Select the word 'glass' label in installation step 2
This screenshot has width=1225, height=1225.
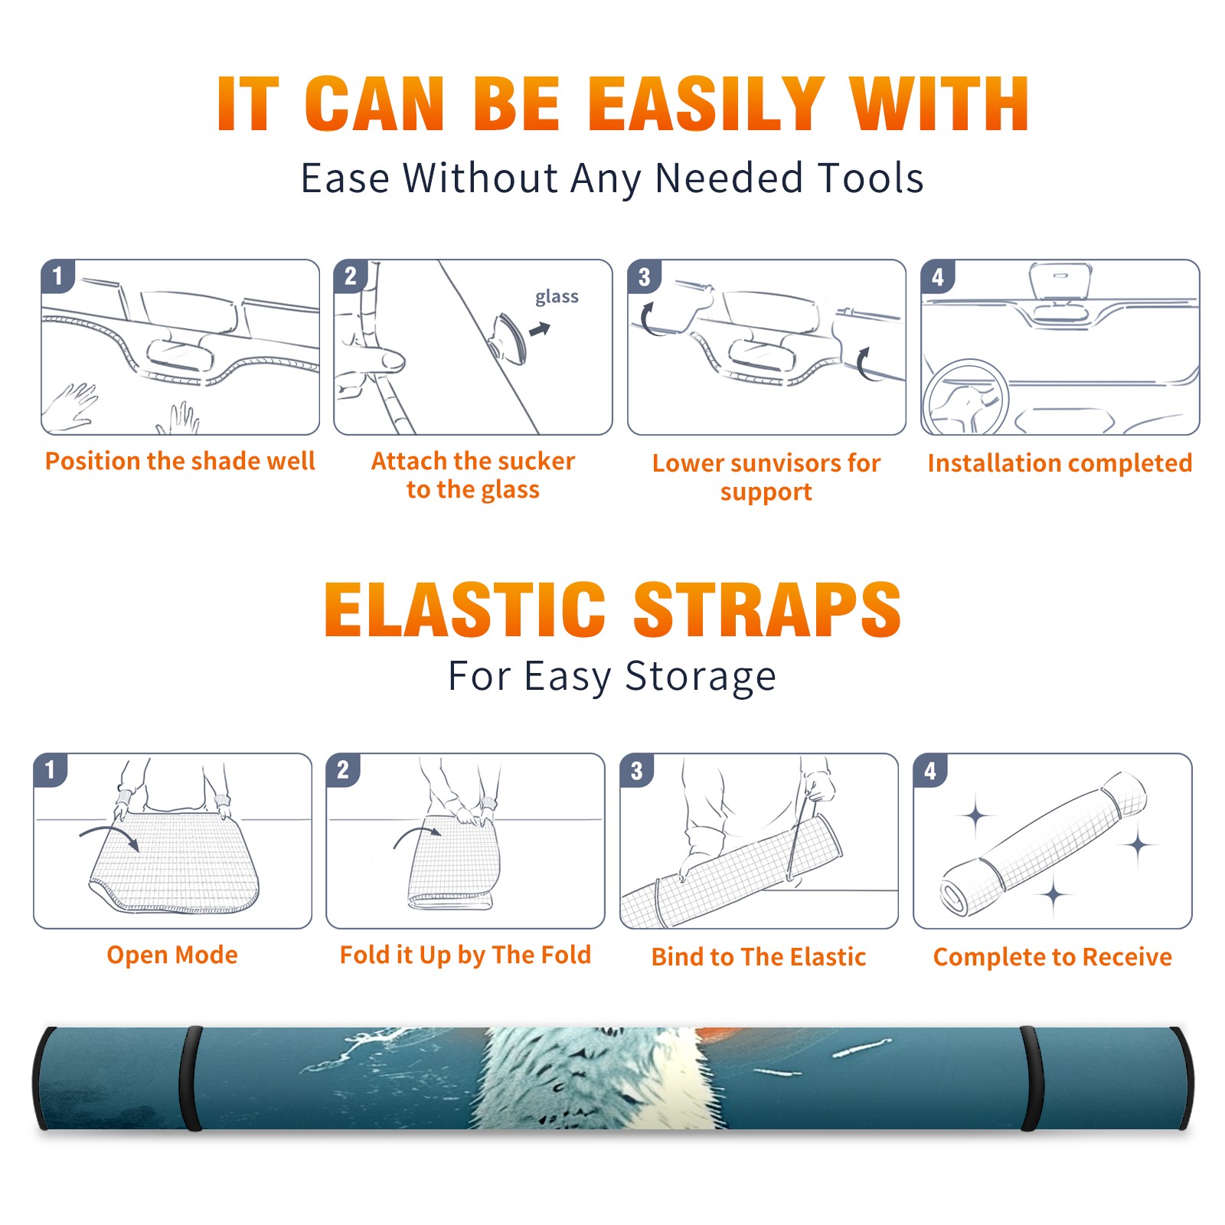(557, 297)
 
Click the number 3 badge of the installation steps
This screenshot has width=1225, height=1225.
(644, 276)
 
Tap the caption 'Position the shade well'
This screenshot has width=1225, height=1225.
(180, 461)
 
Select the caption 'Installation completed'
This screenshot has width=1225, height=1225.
(1060, 463)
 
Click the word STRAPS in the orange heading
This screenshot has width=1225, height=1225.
(767, 609)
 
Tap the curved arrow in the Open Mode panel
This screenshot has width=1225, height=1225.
(110, 836)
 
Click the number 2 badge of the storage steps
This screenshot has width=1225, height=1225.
(342, 770)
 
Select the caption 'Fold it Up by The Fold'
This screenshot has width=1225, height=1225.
(465, 955)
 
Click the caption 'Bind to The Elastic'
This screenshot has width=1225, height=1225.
(759, 957)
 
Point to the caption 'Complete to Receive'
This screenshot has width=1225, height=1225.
(1053, 957)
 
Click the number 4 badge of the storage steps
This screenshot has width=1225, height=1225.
(930, 770)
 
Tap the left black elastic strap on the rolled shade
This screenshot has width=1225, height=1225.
(191, 1078)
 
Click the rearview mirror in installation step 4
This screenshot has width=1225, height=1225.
(1060, 281)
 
